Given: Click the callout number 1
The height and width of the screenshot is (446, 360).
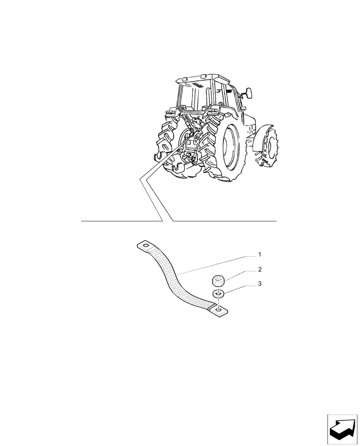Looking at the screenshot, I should click(x=259, y=255).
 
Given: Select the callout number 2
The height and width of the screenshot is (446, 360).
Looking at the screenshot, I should click(x=259, y=269).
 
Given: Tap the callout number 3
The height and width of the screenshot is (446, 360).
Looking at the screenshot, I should click(x=259, y=284).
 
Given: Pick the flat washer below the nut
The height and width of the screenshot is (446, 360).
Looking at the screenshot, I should click(x=218, y=294).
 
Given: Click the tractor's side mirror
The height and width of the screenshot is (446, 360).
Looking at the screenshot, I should click(x=248, y=93).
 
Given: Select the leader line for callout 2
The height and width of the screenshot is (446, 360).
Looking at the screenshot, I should click(x=238, y=274).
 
